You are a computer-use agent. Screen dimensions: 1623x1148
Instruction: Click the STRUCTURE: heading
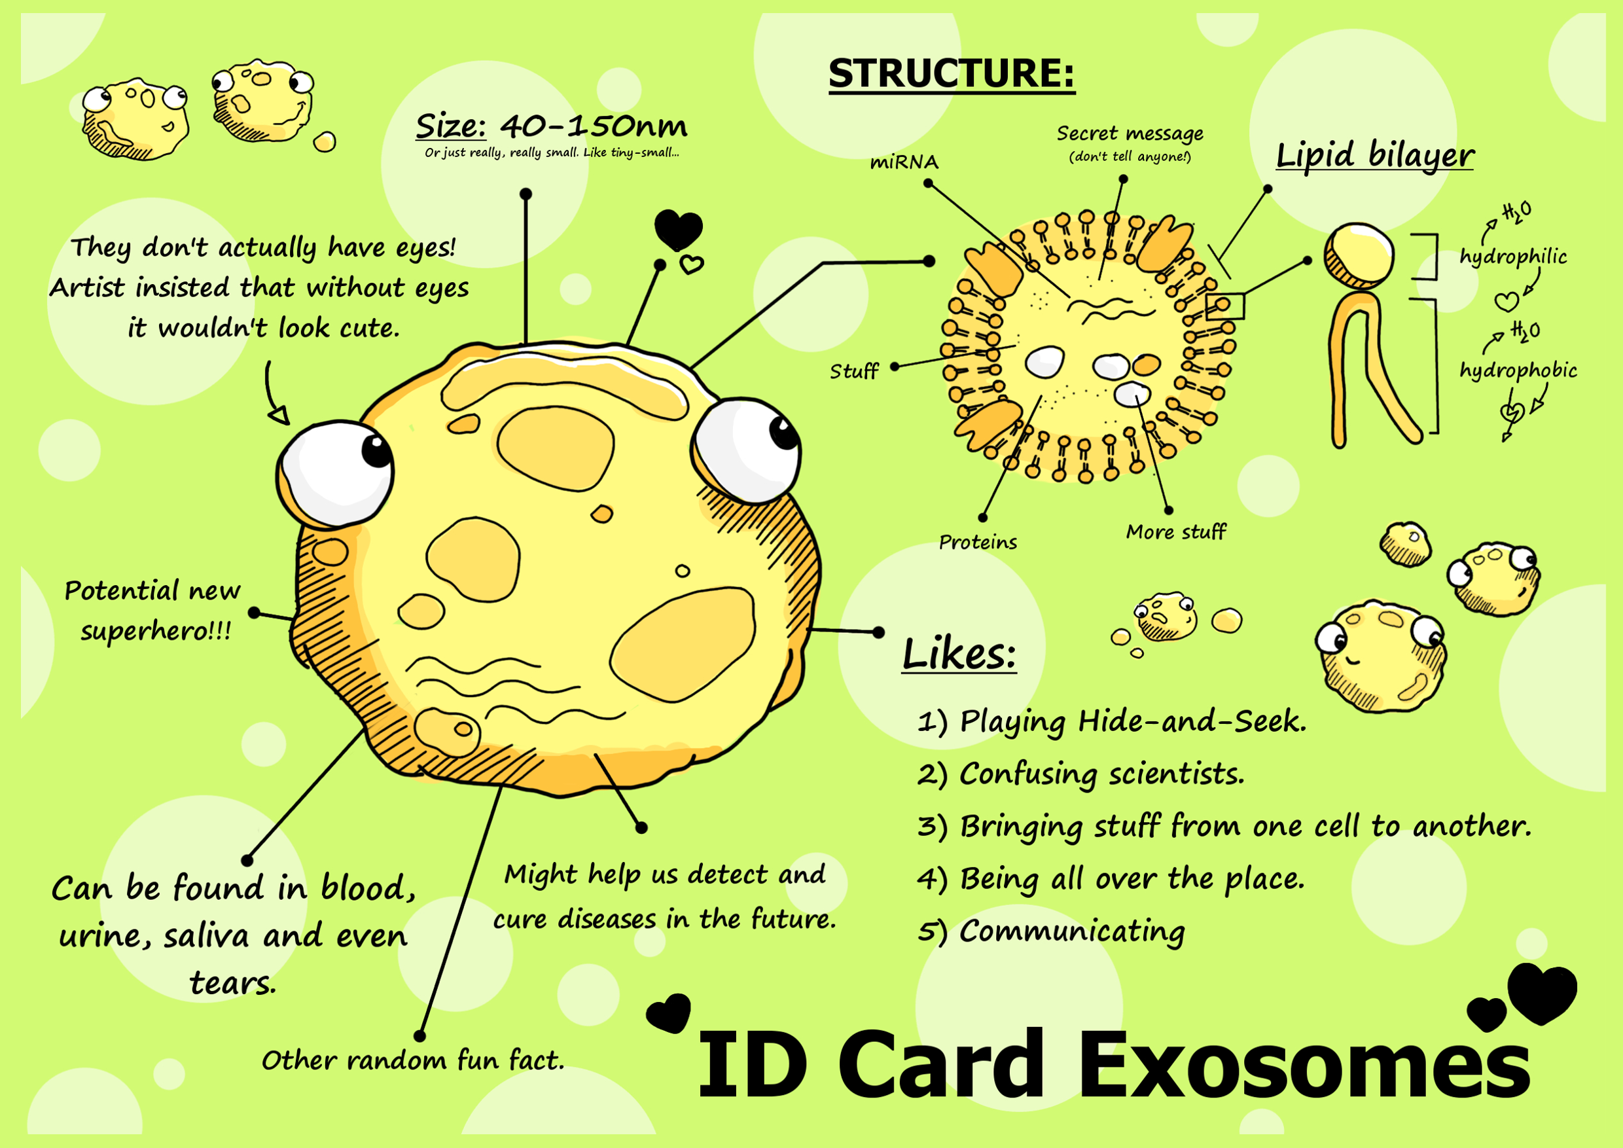[x=952, y=74]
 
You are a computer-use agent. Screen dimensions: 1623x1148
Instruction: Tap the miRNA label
[x=904, y=162]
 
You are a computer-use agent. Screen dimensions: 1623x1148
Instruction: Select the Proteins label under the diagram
[x=978, y=542]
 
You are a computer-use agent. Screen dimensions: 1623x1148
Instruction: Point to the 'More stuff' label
[x=1175, y=531]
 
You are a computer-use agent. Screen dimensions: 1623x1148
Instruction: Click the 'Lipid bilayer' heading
[x=1375, y=156]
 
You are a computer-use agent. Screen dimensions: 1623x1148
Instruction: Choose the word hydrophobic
[x=1518, y=370]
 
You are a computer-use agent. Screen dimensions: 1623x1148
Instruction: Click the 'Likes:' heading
[x=959, y=654]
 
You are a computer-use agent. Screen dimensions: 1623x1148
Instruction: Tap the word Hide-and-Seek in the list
[x=1192, y=722]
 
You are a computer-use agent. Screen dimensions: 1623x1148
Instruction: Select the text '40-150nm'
[x=594, y=127]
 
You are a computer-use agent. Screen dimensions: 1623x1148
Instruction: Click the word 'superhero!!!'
[x=156, y=630]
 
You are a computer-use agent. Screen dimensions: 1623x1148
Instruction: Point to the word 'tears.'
[x=232, y=983]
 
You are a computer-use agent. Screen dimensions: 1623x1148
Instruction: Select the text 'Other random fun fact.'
[x=413, y=1060]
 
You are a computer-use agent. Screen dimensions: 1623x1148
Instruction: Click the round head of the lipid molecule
[x=1359, y=255]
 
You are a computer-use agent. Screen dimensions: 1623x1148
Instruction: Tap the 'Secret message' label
[x=1130, y=134]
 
